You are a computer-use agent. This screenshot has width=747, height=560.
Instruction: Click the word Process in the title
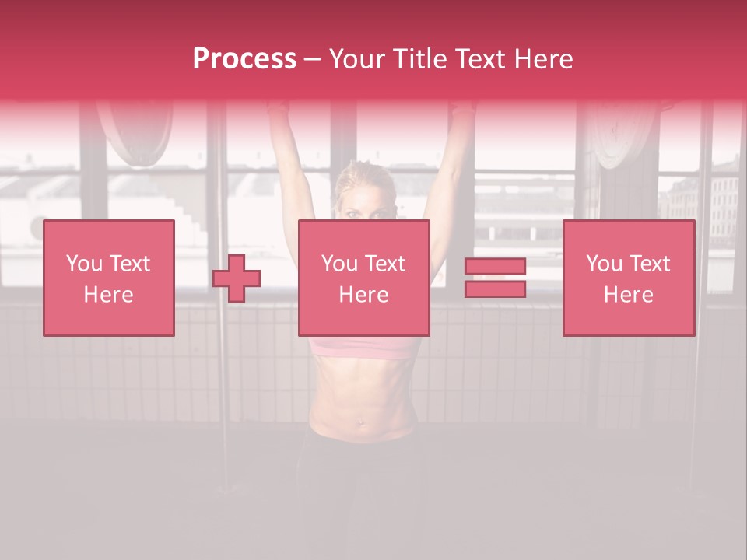click(244, 59)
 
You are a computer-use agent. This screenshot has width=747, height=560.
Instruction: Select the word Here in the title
click(542, 59)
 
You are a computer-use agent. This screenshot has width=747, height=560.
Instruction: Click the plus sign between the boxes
click(237, 278)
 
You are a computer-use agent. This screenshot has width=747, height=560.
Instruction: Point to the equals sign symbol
click(495, 278)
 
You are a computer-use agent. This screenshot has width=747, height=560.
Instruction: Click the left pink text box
click(108, 278)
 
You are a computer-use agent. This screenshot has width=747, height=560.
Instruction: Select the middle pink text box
click(363, 278)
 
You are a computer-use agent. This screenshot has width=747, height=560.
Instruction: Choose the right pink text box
click(628, 278)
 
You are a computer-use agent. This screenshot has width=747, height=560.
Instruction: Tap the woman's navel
click(360, 423)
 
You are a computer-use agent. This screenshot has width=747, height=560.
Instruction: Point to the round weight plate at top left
click(135, 132)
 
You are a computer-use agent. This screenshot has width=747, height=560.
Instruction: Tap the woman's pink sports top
click(363, 346)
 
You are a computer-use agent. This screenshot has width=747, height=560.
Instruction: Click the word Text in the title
click(482, 59)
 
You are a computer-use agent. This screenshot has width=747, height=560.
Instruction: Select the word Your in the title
click(357, 59)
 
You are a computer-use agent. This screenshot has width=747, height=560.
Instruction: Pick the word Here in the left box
click(108, 295)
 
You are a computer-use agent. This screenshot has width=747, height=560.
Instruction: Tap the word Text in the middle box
click(385, 264)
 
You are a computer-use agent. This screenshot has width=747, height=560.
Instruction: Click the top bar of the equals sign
click(495, 267)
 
